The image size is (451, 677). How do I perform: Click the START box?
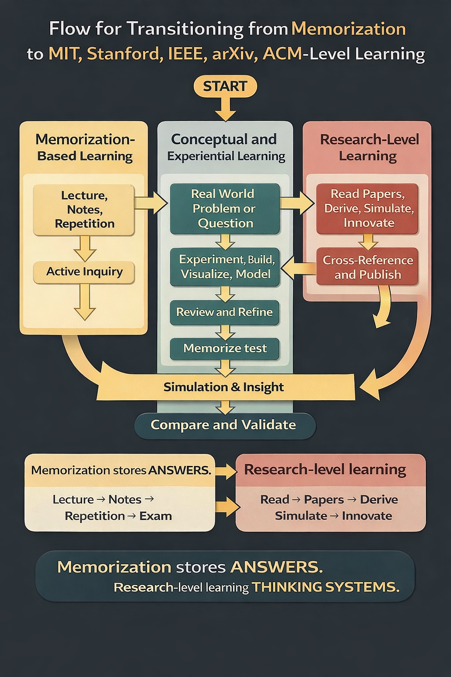click(x=225, y=86)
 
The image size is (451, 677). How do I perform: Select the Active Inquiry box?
click(x=84, y=272)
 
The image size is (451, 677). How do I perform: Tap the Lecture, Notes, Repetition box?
click(x=84, y=209)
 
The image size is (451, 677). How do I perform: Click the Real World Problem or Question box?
click(x=225, y=208)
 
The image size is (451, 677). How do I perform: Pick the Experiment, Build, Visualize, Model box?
click(x=225, y=267)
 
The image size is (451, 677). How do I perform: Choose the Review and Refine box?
click(x=225, y=312)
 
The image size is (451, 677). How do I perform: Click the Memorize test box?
click(x=225, y=348)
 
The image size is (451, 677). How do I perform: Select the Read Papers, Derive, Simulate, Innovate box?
click(x=367, y=208)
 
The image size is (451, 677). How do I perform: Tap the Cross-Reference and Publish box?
click(x=367, y=267)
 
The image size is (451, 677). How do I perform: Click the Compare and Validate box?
click(x=224, y=425)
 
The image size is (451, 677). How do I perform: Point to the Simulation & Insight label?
click(x=224, y=387)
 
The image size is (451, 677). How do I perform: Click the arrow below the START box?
click(x=225, y=108)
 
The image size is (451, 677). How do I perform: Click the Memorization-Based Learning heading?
click(x=85, y=147)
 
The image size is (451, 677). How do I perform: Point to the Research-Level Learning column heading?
click(x=369, y=147)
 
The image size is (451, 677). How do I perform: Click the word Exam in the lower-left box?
click(x=155, y=516)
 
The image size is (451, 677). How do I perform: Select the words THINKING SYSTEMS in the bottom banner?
click(x=325, y=587)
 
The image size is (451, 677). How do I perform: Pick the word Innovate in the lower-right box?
click(x=366, y=516)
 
